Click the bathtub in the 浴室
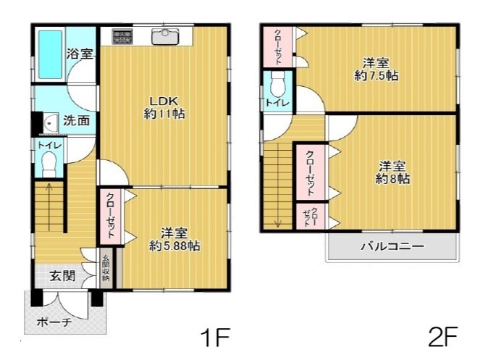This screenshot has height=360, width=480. coord(51,54)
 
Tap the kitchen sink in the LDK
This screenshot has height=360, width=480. coord(165,37)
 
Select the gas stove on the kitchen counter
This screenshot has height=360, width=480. coord(122,36)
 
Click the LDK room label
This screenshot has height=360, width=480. coord(164,101)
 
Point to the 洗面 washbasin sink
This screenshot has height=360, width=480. coord(51,123)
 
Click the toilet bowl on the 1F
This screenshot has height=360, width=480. coord(49,164)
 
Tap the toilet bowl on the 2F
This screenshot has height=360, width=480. coord(278,83)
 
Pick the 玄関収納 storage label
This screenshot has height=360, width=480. coord(106,268)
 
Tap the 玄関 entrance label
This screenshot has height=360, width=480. coord(62,276)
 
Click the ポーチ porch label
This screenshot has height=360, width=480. coord(54,322)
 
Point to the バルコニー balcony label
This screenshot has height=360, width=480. coord(392,246)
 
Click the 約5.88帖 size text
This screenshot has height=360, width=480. coord(174,246)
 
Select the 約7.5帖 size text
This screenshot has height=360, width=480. coord(376,75)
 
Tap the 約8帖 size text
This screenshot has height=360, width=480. coord(392,178)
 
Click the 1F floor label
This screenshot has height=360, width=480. coord(215,337)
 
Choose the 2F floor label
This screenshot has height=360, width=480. coord(442,336)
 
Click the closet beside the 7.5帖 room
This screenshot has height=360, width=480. coord(278,47)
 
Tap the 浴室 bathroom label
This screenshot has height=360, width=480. coord(80,54)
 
